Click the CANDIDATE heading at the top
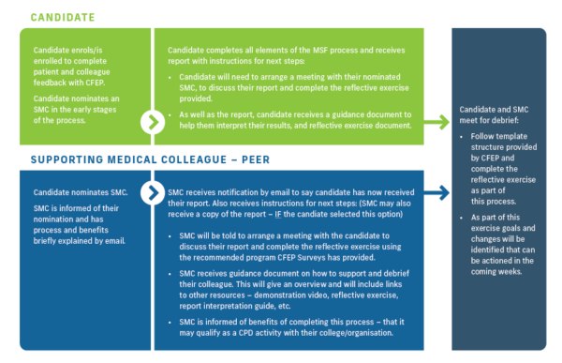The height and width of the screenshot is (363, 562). (x=63, y=17)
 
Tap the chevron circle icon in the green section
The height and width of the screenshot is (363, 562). (x=153, y=122)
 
